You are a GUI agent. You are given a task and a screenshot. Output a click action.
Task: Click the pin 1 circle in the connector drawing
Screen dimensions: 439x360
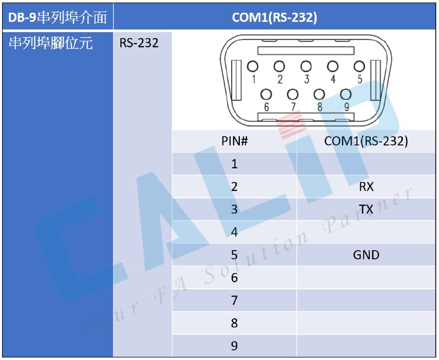253,67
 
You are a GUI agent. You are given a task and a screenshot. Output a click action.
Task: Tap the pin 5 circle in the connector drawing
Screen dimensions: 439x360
359,67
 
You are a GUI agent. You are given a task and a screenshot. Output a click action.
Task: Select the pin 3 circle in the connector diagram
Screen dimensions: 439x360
306,67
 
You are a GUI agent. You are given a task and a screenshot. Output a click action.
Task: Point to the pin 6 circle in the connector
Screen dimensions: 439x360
266,95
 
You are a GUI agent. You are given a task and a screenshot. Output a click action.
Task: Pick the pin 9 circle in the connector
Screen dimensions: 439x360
346,95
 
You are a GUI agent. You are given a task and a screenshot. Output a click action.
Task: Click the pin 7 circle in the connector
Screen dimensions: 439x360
293,95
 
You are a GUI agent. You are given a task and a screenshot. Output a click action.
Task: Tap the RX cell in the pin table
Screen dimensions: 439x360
366,187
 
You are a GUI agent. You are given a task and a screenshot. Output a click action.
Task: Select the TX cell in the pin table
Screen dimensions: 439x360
366,209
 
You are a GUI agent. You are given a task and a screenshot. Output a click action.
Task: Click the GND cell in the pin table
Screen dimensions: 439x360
366,255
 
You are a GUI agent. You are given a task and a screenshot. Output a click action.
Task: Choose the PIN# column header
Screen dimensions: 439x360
235,141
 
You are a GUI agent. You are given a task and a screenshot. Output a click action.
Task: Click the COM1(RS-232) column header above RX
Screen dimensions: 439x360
366,141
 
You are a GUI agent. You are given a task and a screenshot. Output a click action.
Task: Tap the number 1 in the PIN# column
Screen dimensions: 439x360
234,164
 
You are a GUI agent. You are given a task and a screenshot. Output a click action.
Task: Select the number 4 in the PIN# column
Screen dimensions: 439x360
234,232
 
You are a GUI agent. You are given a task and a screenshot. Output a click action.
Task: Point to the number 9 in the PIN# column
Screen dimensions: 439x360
234,346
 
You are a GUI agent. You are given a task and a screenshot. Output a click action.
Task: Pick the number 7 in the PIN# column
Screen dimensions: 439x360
234,301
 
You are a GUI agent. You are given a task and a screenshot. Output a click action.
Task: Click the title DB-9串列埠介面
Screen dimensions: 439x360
57,17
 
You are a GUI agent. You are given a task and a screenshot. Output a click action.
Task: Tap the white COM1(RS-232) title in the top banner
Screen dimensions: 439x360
274,17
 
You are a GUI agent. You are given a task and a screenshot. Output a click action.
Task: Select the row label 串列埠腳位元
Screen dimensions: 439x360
50,43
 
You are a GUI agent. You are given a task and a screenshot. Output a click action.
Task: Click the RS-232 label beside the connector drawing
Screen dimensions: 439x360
139,43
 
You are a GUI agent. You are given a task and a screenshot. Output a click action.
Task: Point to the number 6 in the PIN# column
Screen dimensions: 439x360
234,278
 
